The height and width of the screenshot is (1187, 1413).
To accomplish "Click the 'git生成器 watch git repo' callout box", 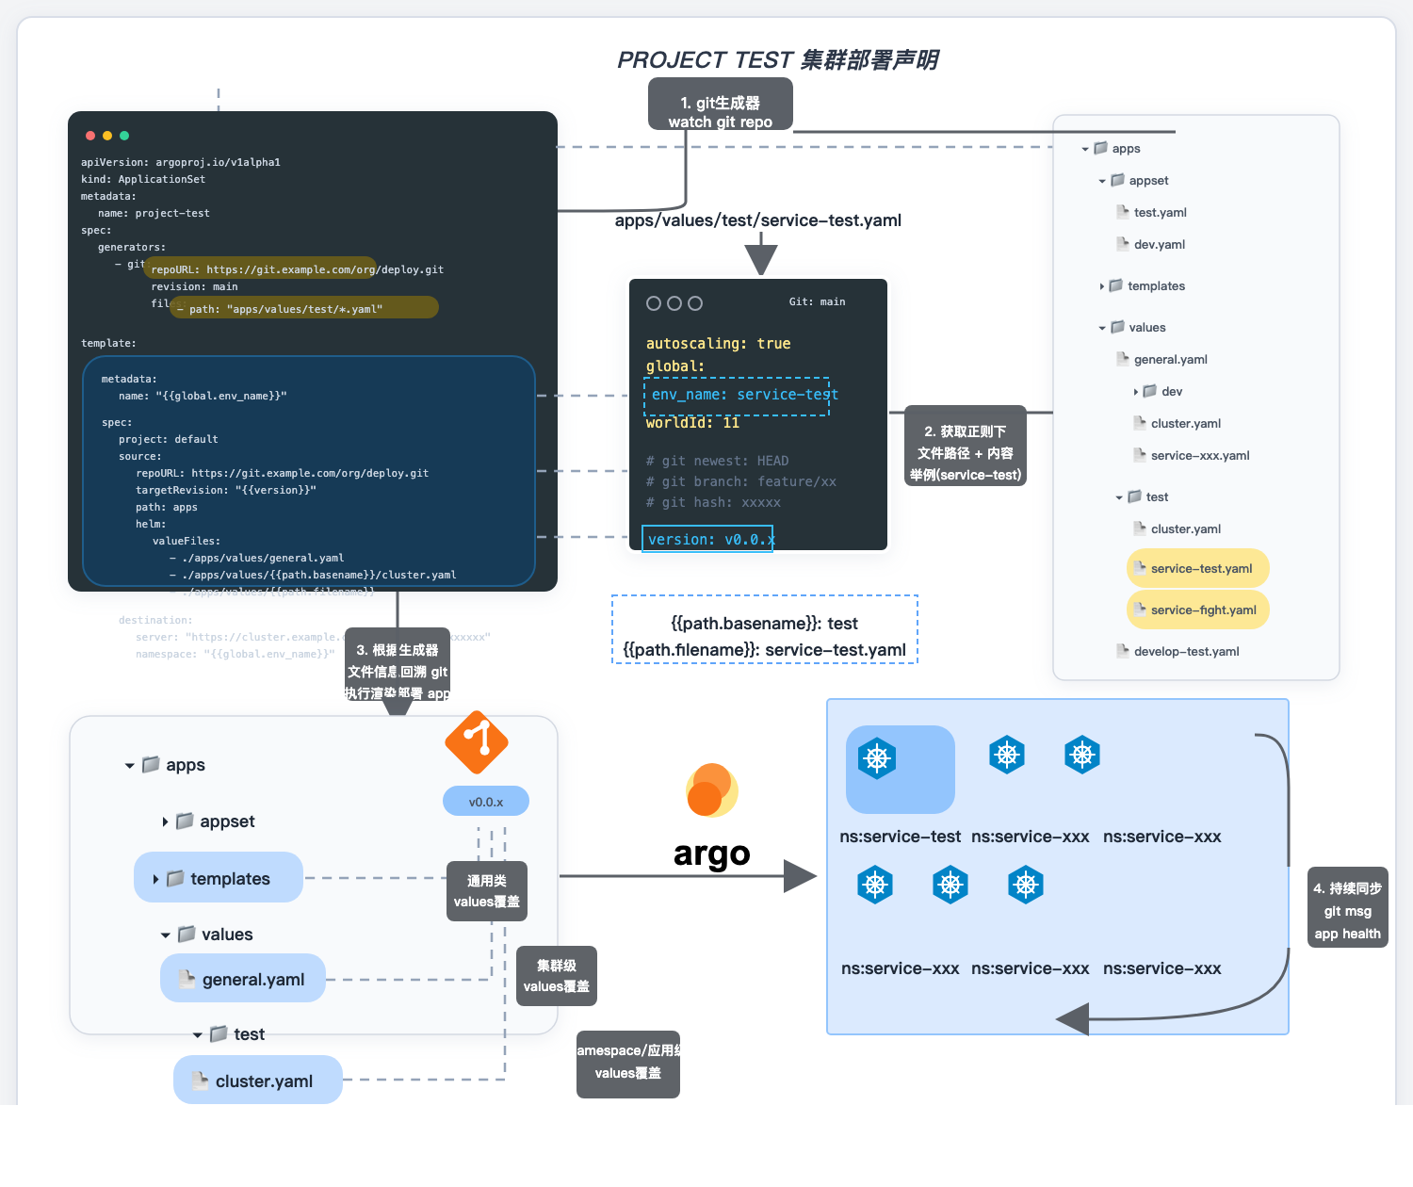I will tap(720, 105).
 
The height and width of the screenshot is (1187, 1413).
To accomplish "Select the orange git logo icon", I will tap(477, 742).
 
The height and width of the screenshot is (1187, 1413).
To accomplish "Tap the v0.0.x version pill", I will tap(486, 802).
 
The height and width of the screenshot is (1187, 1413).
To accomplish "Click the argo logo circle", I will tap(711, 790).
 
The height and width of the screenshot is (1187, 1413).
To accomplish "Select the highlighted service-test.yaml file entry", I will tap(1198, 568).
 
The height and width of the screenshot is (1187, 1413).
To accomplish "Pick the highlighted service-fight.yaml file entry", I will tap(1198, 610).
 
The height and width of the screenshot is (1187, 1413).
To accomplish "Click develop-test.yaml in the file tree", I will tap(1185, 651).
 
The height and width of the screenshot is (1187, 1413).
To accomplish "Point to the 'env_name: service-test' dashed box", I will tap(736, 396).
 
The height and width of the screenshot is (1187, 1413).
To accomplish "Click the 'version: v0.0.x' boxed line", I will tap(707, 539).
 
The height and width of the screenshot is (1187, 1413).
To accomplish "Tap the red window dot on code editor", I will tap(90, 136).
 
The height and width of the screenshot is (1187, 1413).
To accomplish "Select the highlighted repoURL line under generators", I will tap(260, 268).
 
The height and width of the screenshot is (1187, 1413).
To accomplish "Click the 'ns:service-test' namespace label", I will tap(900, 837).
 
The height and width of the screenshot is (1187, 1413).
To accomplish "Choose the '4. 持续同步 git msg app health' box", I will tap(1347, 908).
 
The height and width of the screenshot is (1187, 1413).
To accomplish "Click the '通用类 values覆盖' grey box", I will tap(486, 891).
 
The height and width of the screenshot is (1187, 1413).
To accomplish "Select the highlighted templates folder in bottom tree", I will tap(219, 878).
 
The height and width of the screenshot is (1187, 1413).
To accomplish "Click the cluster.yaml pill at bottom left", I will tap(257, 1081).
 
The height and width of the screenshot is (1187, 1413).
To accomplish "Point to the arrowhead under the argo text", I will tap(800, 876).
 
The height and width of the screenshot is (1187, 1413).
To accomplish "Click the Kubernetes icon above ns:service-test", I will tap(876, 758).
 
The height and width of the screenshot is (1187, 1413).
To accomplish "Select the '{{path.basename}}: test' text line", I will tap(764, 624).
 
